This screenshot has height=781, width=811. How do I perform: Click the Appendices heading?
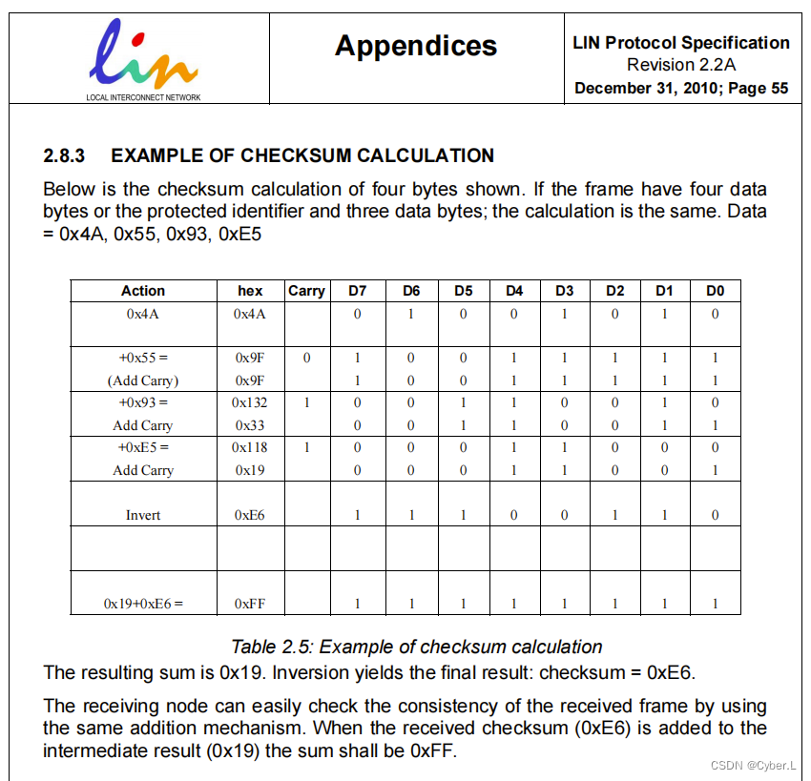coord(416,46)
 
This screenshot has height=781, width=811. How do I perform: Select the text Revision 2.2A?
coord(681,65)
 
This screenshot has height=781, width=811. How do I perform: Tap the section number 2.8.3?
coord(66,155)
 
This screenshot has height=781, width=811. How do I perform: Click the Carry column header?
coord(306,291)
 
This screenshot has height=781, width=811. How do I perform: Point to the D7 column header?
coord(357,291)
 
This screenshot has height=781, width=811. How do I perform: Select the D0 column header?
coord(715,291)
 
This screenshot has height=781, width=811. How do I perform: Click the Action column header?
coord(143,291)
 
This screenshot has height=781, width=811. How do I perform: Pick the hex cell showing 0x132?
coord(250,403)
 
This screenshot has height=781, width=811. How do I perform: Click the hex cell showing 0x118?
coord(250,447)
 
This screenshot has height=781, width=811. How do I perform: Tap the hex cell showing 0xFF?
coord(250,603)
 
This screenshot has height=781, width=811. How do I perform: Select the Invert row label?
coord(143,515)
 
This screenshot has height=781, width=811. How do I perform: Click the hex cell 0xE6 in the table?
coord(250,515)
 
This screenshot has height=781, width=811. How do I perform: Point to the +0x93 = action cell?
coord(143,403)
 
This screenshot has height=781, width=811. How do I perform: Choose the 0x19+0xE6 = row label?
coord(143,603)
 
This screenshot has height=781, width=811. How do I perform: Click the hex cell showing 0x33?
coord(250,425)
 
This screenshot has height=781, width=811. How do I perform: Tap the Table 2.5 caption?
coord(417,647)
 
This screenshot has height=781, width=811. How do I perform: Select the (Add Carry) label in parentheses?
coord(143,380)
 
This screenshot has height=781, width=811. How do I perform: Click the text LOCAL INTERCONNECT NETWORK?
coord(143,96)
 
